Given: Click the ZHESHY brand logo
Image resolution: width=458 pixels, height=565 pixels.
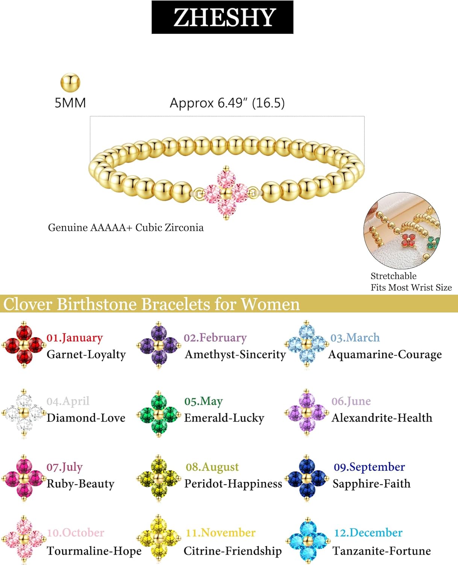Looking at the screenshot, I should pyautogui.click(x=222, y=17).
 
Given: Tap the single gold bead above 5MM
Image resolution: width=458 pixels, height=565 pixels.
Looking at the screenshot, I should pyautogui.click(x=70, y=82).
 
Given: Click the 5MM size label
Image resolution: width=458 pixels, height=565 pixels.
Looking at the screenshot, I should pyautogui.click(x=70, y=103).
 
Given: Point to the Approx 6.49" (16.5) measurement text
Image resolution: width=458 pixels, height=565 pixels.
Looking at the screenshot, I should pyautogui.click(x=227, y=103).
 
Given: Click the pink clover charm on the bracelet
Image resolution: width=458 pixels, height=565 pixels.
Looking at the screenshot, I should pyautogui.click(x=226, y=193).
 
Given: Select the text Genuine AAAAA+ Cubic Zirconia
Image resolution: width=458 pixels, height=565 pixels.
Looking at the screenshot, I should pyautogui.click(x=126, y=228).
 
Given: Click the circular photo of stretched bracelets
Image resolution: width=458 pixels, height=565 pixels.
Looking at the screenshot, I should pyautogui.click(x=402, y=231).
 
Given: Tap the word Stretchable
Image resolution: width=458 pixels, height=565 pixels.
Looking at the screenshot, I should pyautogui.click(x=393, y=276).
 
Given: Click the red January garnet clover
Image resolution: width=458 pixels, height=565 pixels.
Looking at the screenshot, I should pyautogui.click(x=24, y=345).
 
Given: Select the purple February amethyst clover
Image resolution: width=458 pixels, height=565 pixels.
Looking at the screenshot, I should pyautogui.click(x=158, y=345).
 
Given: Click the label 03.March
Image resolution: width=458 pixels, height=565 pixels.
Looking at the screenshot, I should pyautogui.click(x=355, y=337).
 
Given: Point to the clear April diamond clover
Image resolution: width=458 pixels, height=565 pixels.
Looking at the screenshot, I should pyautogui.click(x=24, y=413).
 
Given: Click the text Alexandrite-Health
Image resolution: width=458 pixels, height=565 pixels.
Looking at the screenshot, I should pyautogui.click(x=382, y=418).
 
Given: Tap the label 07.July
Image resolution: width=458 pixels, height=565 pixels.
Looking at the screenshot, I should pyautogui.click(x=64, y=467).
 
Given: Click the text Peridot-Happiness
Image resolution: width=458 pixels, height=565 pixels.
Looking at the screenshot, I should pyautogui.click(x=233, y=484).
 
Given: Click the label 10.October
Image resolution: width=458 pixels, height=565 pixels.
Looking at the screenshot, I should pyautogui.click(x=76, y=533).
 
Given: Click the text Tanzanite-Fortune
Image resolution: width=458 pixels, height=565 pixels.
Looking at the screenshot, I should pyautogui.click(x=382, y=551).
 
